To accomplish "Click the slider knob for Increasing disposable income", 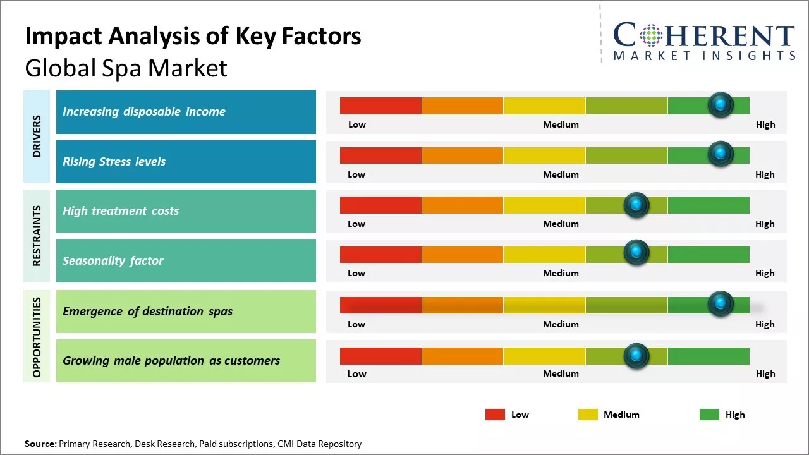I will coord(720,105).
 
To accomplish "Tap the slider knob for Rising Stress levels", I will coord(720,154).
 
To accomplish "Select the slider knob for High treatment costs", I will coord(636,205).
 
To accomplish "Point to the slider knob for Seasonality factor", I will coord(636,253).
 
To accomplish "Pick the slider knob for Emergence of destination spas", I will coord(720,304).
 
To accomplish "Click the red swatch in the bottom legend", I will coord(495,415).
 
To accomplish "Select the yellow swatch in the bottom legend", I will coord(588,415).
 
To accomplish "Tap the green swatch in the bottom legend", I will coord(709,415).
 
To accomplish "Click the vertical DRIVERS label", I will coord(37,136).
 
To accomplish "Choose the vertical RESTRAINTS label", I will coord(37,236).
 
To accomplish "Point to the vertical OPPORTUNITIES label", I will coord(37,337).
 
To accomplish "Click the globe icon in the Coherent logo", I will coord(651,35).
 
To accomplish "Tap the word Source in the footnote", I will coord(40,444).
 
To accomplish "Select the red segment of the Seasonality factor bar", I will coord(380,255).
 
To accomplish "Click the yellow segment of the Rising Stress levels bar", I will coord(544,155).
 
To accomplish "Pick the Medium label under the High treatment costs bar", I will coord(561,224).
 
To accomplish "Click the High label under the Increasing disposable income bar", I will coord(765,124).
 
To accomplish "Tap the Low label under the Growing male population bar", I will coord(356,373).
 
